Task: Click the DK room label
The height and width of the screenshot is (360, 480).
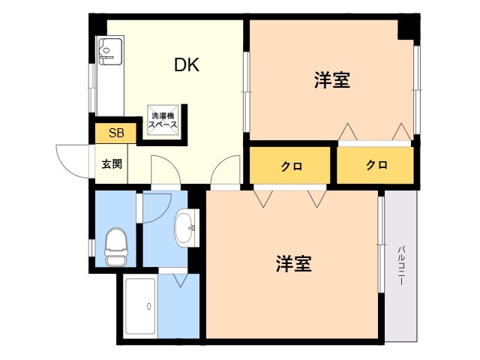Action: pos(187,65)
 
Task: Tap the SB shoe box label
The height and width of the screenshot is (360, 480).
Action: pos(116,133)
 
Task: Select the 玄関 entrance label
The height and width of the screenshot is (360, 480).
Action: pos(112,164)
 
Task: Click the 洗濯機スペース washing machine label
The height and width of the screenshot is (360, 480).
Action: pos(163,120)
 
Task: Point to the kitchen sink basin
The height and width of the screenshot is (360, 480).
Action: pos(110,50)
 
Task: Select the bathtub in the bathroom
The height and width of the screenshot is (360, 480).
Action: pos(140,306)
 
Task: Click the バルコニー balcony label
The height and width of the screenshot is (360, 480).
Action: pos(400,265)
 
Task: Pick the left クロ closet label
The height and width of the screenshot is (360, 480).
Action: pos(292,166)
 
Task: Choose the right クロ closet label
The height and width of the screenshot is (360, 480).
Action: pos(376,165)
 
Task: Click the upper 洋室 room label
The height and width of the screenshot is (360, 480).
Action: pos(331,80)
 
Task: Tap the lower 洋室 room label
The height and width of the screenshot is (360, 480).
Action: pos(293,263)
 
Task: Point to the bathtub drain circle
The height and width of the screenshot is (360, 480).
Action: pos(148,306)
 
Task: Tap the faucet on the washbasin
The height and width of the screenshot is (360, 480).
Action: pos(192,228)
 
